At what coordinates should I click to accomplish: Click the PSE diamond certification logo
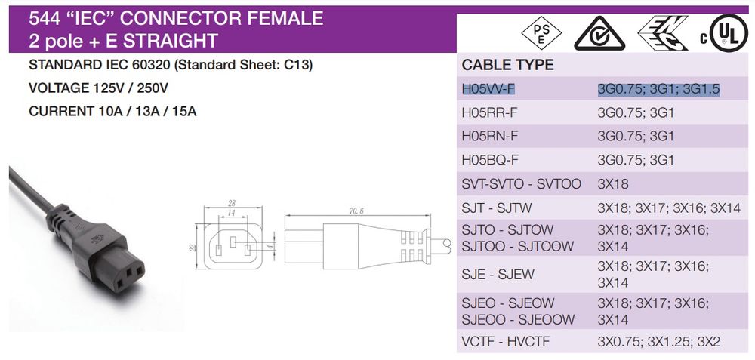[541, 33]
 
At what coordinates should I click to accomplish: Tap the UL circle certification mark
[728, 32]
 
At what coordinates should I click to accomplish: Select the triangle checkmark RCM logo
[599, 33]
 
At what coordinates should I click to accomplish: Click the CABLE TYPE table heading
[508, 66]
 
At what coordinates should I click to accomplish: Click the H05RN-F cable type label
[490, 136]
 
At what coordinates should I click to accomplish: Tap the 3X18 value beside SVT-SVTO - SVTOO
[613, 184]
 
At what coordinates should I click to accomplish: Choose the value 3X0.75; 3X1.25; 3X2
[658, 342]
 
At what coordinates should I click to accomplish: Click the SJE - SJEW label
[498, 274]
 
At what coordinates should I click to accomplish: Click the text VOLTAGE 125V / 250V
[98, 88]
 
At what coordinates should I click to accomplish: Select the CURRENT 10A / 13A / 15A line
[112, 112]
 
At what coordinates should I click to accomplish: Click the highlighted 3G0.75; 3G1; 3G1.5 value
[658, 90]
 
